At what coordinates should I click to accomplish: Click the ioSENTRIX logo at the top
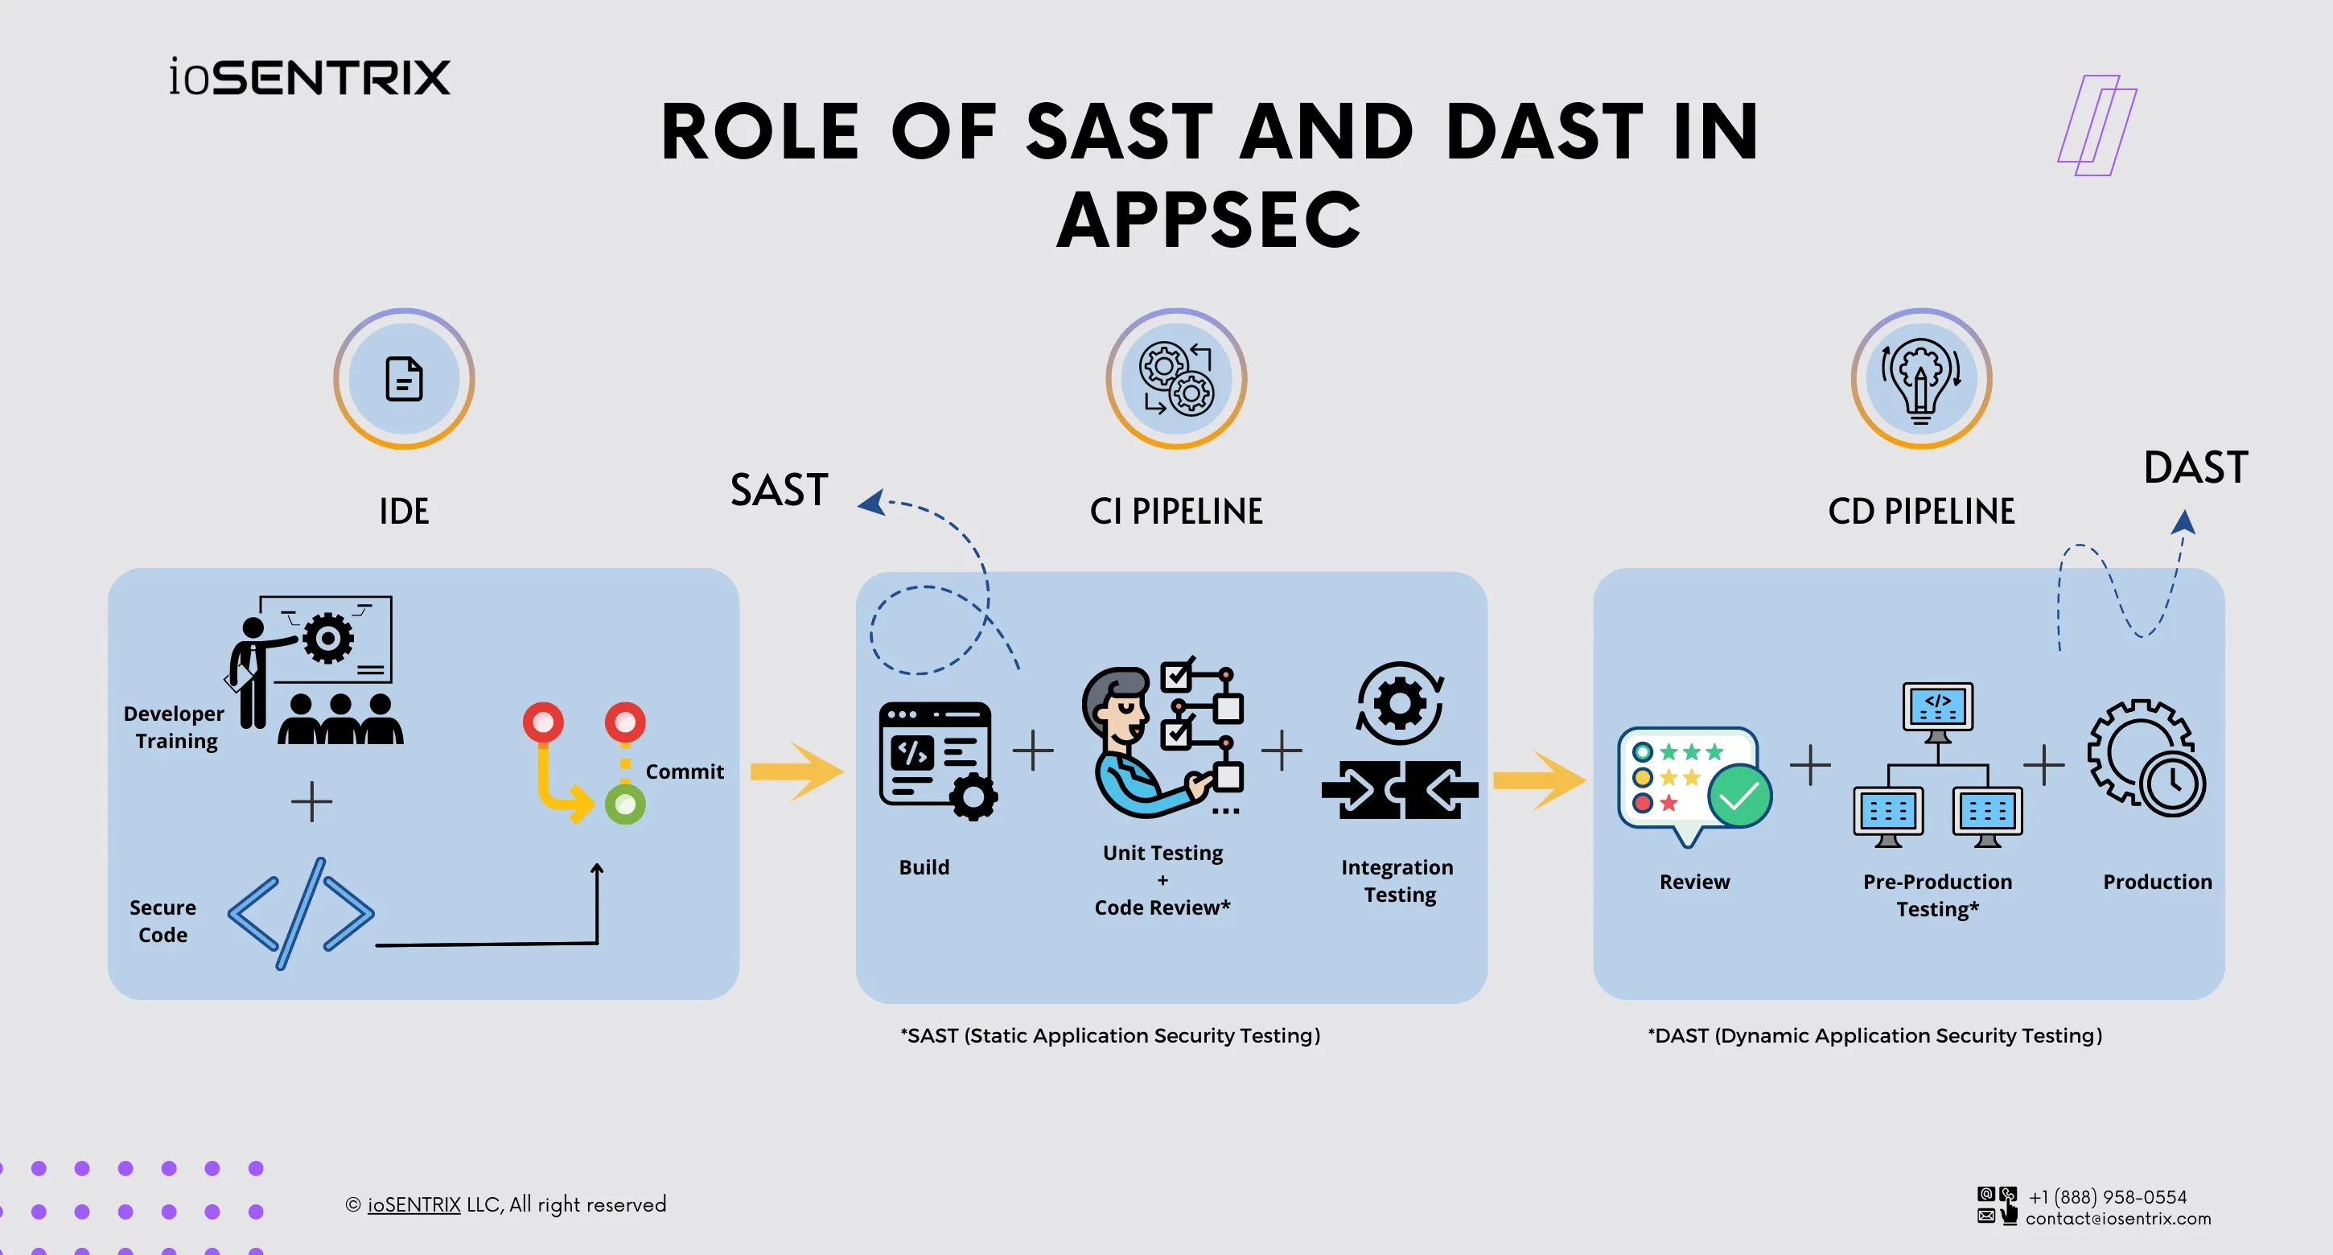pyautogui.click(x=309, y=77)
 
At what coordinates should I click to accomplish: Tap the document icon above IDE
pyautogui.click(x=404, y=378)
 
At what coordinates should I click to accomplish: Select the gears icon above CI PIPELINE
pyautogui.click(x=1175, y=378)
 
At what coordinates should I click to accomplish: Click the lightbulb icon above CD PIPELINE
pyautogui.click(x=1920, y=378)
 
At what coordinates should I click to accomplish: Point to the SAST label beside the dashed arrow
pyautogui.click(x=779, y=491)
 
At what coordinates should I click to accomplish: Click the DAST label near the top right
pyautogui.click(x=2195, y=468)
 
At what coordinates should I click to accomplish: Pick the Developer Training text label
pyautogui.click(x=175, y=727)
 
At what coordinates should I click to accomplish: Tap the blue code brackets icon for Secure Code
pyautogui.click(x=301, y=913)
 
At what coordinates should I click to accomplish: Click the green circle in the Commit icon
pyautogui.click(x=625, y=804)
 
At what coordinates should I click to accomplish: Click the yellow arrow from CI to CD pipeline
pyautogui.click(x=1539, y=780)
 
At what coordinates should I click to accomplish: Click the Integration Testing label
pyautogui.click(x=1397, y=881)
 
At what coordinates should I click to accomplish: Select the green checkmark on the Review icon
pyautogui.click(x=1738, y=796)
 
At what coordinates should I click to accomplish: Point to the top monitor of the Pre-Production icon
pyautogui.click(x=1937, y=706)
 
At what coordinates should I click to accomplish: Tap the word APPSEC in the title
pyautogui.click(x=1209, y=220)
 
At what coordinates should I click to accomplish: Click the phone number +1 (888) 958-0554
pyautogui.click(x=2108, y=1197)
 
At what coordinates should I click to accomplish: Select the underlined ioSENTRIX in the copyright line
pyautogui.click(x=414, y=1204)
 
